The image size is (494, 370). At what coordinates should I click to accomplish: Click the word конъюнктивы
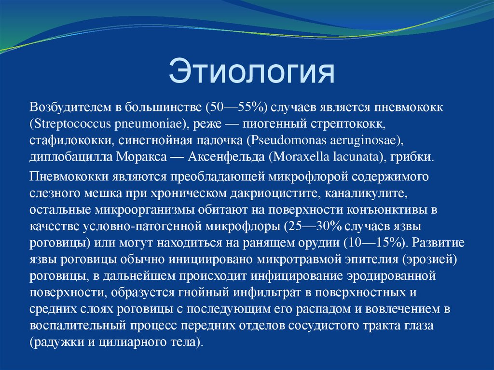(398, 210)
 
